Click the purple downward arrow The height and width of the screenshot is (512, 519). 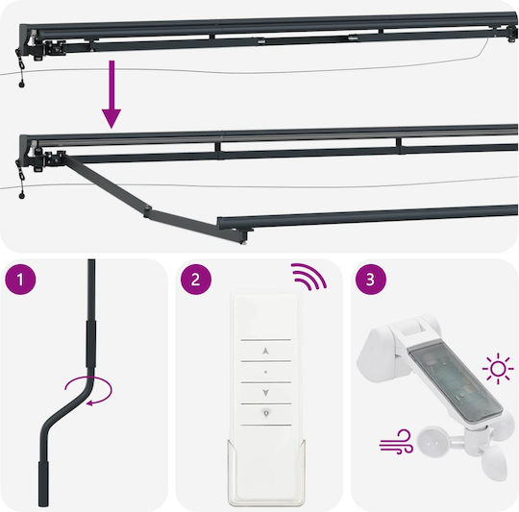111,94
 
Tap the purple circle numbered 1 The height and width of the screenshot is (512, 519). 20,280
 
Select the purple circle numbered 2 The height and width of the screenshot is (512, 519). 196,280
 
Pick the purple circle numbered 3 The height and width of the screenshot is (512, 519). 371,280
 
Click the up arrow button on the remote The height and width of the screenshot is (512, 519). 265,351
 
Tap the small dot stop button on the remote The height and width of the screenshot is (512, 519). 265,372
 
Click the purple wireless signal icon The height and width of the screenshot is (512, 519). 309,277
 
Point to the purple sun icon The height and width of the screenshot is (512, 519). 498,369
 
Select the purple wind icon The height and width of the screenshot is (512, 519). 397,442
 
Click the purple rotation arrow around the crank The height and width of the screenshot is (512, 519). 89,390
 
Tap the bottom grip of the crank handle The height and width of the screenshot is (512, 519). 44,483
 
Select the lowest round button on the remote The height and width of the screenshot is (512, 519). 266,413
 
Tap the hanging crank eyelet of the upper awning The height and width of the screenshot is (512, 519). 22,84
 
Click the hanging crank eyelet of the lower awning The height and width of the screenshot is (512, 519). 22,196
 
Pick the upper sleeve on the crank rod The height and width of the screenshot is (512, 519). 91,343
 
